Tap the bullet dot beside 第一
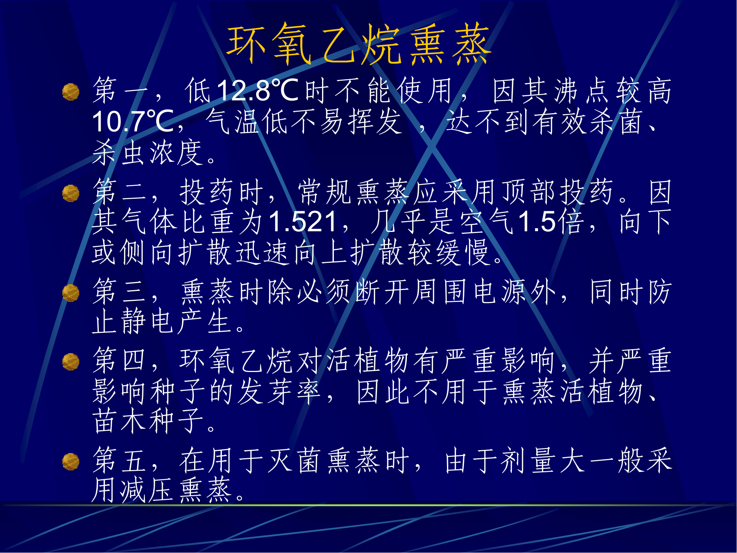click(x=71, y=92)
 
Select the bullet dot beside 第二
click(x=71, y=193)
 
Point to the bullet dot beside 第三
click(x=71, y=293)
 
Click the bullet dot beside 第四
click(x=71, y=362)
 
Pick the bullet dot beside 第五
click(x=71, y=462)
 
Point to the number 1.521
click(x=303, y=222)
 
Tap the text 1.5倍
click(x=551, y=222)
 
